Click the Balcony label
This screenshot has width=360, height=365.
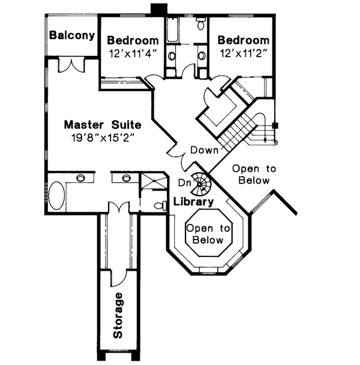point(72,35)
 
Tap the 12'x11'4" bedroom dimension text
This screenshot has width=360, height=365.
point(133,53)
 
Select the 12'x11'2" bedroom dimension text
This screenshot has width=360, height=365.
point(243,53)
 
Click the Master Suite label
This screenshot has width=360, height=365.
point(103,125)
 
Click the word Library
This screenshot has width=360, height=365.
point(193,202)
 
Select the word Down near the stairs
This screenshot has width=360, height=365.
point(204,149)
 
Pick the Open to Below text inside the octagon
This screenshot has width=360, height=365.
point(208,234)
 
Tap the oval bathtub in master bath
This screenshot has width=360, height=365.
point(58,195)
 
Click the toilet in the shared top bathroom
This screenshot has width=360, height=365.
point(200,24)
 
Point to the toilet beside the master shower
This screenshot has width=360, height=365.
point(160,206)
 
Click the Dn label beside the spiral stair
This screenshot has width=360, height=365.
point(184,182)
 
